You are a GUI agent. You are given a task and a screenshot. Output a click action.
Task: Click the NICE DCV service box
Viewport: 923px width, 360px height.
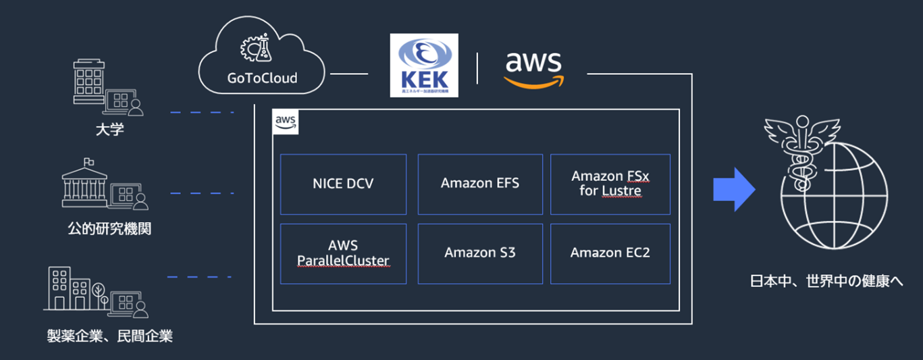343,184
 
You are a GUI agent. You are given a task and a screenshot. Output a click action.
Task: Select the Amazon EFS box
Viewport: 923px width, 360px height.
480,184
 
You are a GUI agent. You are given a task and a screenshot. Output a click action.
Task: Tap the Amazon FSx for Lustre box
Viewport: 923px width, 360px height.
610,184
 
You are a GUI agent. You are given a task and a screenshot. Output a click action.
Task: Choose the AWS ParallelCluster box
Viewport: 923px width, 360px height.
343,253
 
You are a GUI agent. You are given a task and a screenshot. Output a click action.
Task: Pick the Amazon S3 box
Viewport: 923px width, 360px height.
480,253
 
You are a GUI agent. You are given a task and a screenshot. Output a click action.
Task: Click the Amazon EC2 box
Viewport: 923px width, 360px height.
610,253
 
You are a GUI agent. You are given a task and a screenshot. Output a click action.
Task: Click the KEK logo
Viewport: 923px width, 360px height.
424,65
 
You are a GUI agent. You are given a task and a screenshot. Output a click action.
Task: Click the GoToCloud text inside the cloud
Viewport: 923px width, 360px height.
262,78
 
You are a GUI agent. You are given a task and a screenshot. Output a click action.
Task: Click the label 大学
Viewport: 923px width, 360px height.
109,128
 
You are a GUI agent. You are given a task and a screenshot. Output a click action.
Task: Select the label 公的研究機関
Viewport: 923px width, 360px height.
109,229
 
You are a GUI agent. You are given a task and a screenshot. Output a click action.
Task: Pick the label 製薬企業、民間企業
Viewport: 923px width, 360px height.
109,336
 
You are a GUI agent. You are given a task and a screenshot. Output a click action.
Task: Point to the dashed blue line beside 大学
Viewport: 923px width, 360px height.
201,112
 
